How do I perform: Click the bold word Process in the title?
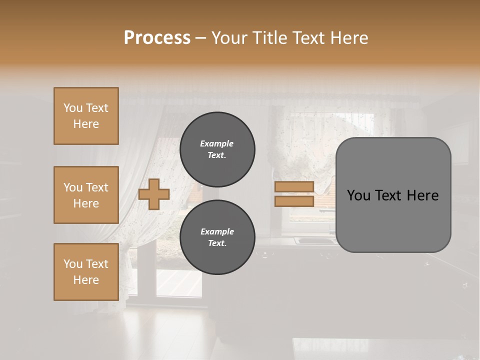point(157,38)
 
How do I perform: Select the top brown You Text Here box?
point(86,116)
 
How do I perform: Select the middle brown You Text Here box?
point(86,195)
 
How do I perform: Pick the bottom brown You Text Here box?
point(86,272)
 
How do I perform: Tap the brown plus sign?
point(153,194)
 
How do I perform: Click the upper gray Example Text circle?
point(217,149)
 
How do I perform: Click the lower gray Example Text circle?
point(217,237)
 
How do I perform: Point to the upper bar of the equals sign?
point(294,187)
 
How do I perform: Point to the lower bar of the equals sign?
point(294,201)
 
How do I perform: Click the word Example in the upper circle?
point(216,143)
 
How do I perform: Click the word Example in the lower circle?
point(217,231)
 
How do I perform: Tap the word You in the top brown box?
point(72,108)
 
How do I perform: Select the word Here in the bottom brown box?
point(86,280)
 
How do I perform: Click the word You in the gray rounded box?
point(358,195)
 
